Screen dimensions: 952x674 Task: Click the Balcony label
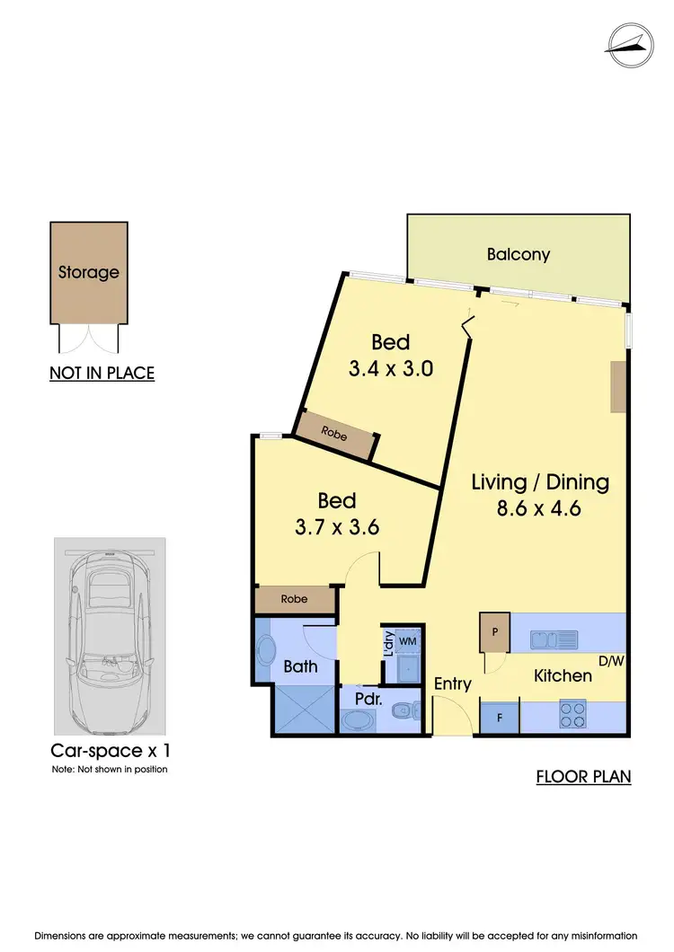coord(519,254)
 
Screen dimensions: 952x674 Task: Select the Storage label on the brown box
coord(88,272)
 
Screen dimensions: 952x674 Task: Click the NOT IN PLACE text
coord(102,373)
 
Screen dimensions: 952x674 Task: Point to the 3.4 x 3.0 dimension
coord(391,367)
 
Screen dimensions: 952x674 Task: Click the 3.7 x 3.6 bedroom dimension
coord(337,526)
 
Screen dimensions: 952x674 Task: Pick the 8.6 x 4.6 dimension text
coord(540,507)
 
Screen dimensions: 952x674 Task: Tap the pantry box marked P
coord(494,632)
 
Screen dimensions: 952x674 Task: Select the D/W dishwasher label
coord(610,663)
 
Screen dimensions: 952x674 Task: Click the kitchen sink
coord(554,639)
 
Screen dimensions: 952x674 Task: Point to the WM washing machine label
coord(407,641)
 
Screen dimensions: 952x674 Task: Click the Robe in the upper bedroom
coord(335,433)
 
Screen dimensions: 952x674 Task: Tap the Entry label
coord(453,683)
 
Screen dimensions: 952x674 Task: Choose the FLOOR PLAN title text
coord(583,776)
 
